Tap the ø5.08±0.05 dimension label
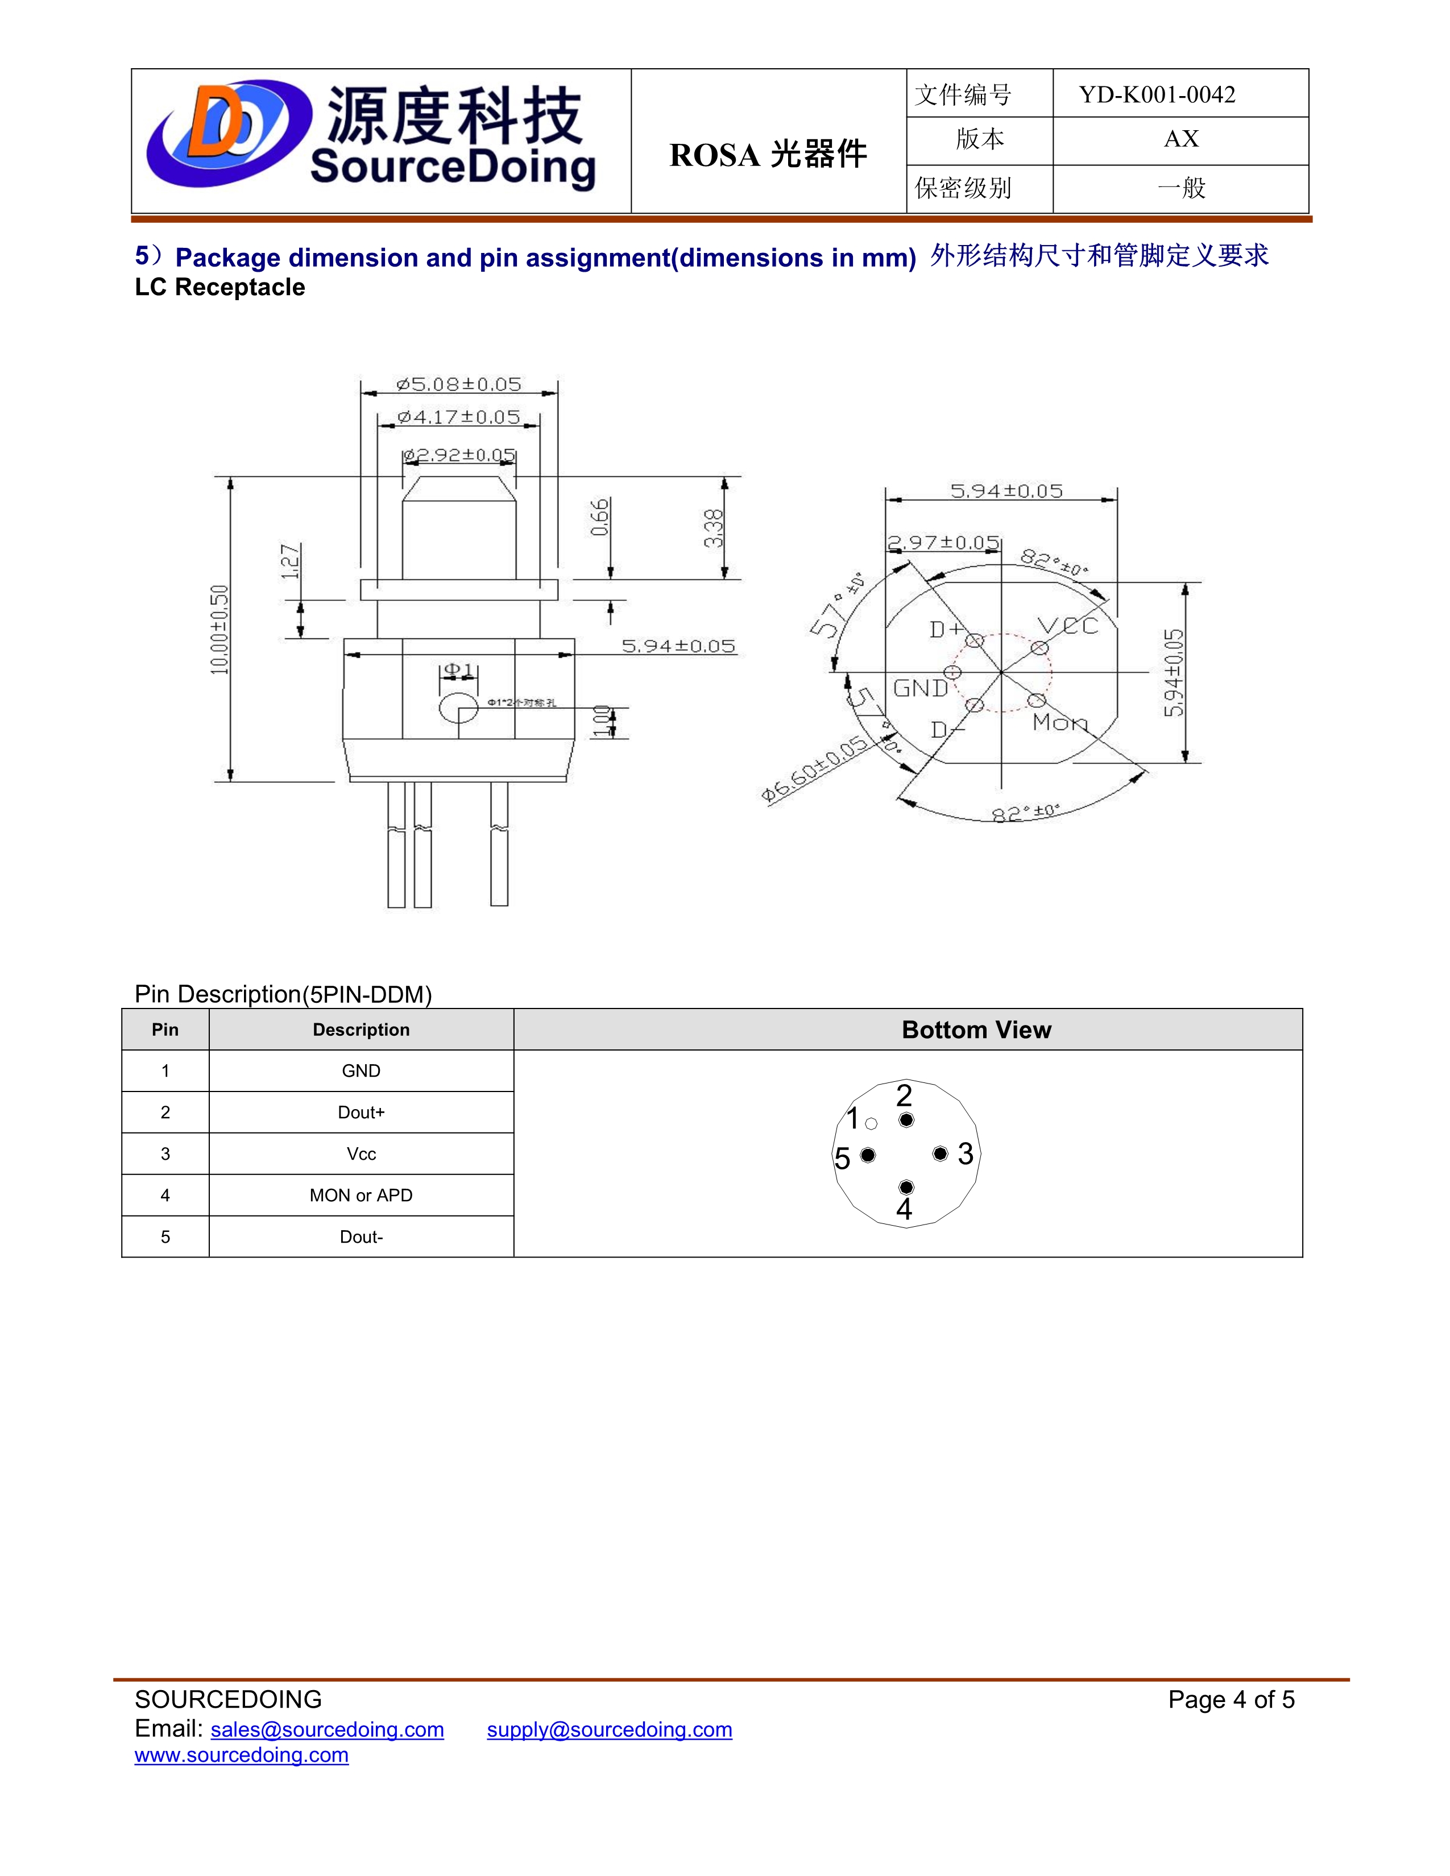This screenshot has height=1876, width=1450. (459, 384)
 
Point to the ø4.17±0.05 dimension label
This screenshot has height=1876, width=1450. (459, 417)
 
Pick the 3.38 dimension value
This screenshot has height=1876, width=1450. (713, 528)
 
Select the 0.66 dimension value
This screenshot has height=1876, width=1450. (599, 517)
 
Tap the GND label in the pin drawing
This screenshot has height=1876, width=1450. (920, 688)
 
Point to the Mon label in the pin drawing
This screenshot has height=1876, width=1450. (1060, 723)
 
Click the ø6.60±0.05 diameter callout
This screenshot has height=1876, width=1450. (814, 770)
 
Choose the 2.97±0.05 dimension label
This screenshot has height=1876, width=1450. (943, 543)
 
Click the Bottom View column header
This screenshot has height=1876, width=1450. (976, 1030)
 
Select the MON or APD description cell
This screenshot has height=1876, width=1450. (361, 1195)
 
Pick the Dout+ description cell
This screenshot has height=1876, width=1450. (361, 1113)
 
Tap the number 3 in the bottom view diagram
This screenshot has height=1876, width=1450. (966, 1153)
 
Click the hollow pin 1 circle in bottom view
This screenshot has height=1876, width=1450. (871, 1123)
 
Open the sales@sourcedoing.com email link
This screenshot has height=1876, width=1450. (328, 1729)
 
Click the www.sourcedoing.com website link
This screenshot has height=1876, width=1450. (241, 1755)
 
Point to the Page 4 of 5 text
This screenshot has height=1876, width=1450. (1230, 1699)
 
